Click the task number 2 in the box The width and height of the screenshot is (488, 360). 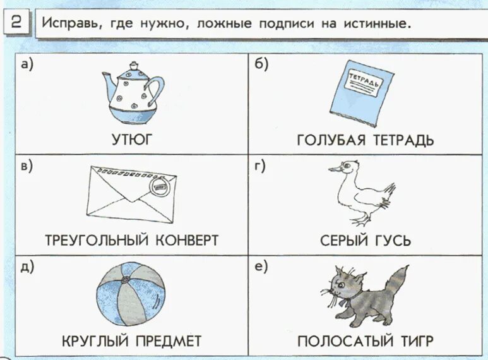17,24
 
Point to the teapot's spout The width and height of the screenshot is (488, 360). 108,78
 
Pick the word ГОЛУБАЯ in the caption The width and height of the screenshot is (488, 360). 331,140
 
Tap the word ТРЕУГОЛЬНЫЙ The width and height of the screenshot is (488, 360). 95,241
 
